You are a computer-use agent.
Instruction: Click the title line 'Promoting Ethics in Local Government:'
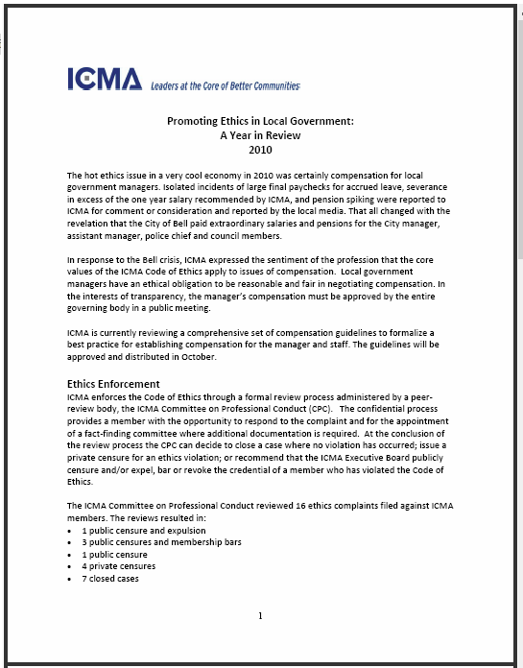(261, 122)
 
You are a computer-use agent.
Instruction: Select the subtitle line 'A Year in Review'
(261, 135)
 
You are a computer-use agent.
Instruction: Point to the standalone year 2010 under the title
(261, 149)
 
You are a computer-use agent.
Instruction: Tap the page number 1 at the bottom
(260, 615)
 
